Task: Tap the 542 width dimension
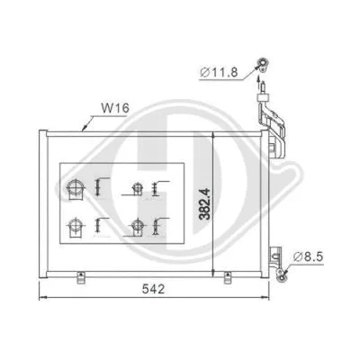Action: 160,291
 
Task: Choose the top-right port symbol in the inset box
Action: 137,189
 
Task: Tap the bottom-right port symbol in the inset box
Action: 137,225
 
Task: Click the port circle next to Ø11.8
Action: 263,63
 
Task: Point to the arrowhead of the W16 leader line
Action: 84,130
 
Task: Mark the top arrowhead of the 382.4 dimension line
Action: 212,134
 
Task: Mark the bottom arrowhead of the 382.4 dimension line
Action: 212,273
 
